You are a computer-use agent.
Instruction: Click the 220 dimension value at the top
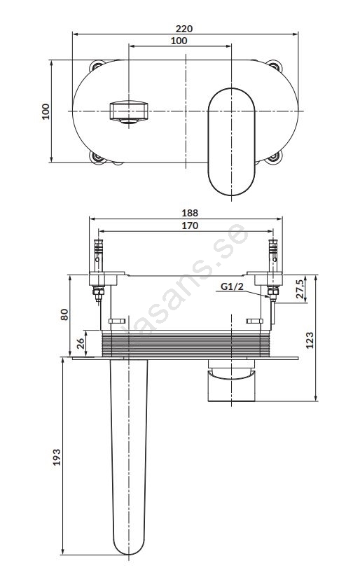tap(184, 29)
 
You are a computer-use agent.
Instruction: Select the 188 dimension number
tap(190, 213)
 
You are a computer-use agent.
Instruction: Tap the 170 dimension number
tap(190, 226)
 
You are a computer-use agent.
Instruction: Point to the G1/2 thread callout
tap(232, 286)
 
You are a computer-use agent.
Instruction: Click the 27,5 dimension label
tap(300, 289)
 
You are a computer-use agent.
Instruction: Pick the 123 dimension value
tap(310, 340)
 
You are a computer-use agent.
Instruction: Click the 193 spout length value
tap(57, 457)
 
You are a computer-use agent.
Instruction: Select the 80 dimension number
tap(64, 314)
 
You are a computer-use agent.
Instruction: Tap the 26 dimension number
tap(81, 343)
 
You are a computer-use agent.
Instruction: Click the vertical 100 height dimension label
tap(46, 111)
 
